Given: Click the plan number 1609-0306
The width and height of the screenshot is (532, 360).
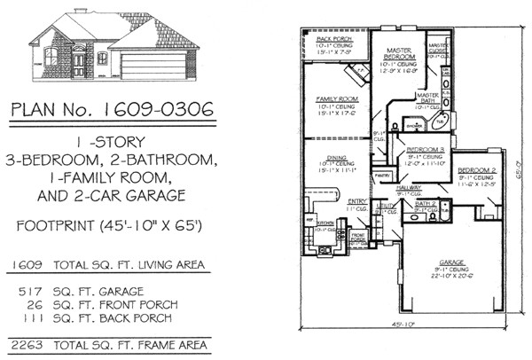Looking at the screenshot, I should point(159,109).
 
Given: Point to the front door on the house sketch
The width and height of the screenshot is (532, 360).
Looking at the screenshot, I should point(80,64).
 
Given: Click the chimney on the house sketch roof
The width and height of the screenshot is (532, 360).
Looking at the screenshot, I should point(79,12).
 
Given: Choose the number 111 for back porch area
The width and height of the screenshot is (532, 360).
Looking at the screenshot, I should point(33,317).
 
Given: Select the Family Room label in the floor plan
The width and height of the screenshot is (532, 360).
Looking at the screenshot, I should point(335,98).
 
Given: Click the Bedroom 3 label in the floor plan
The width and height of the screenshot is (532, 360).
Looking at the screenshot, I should point(424,150).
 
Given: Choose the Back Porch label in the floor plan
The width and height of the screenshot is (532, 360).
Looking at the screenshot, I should point(334,40).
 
